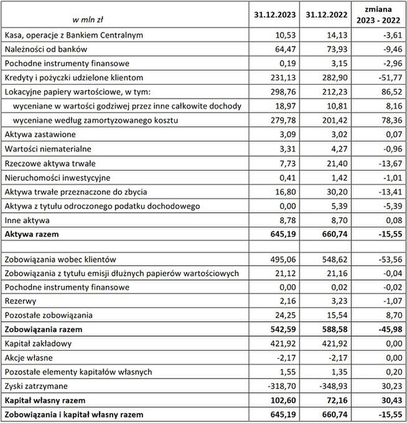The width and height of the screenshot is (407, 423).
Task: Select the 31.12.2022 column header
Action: [322, 13]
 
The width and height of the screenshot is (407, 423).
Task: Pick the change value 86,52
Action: [388, 92]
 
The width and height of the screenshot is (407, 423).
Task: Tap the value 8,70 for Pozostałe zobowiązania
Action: [391, 316]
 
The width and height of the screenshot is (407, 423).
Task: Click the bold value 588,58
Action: [329, 330]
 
